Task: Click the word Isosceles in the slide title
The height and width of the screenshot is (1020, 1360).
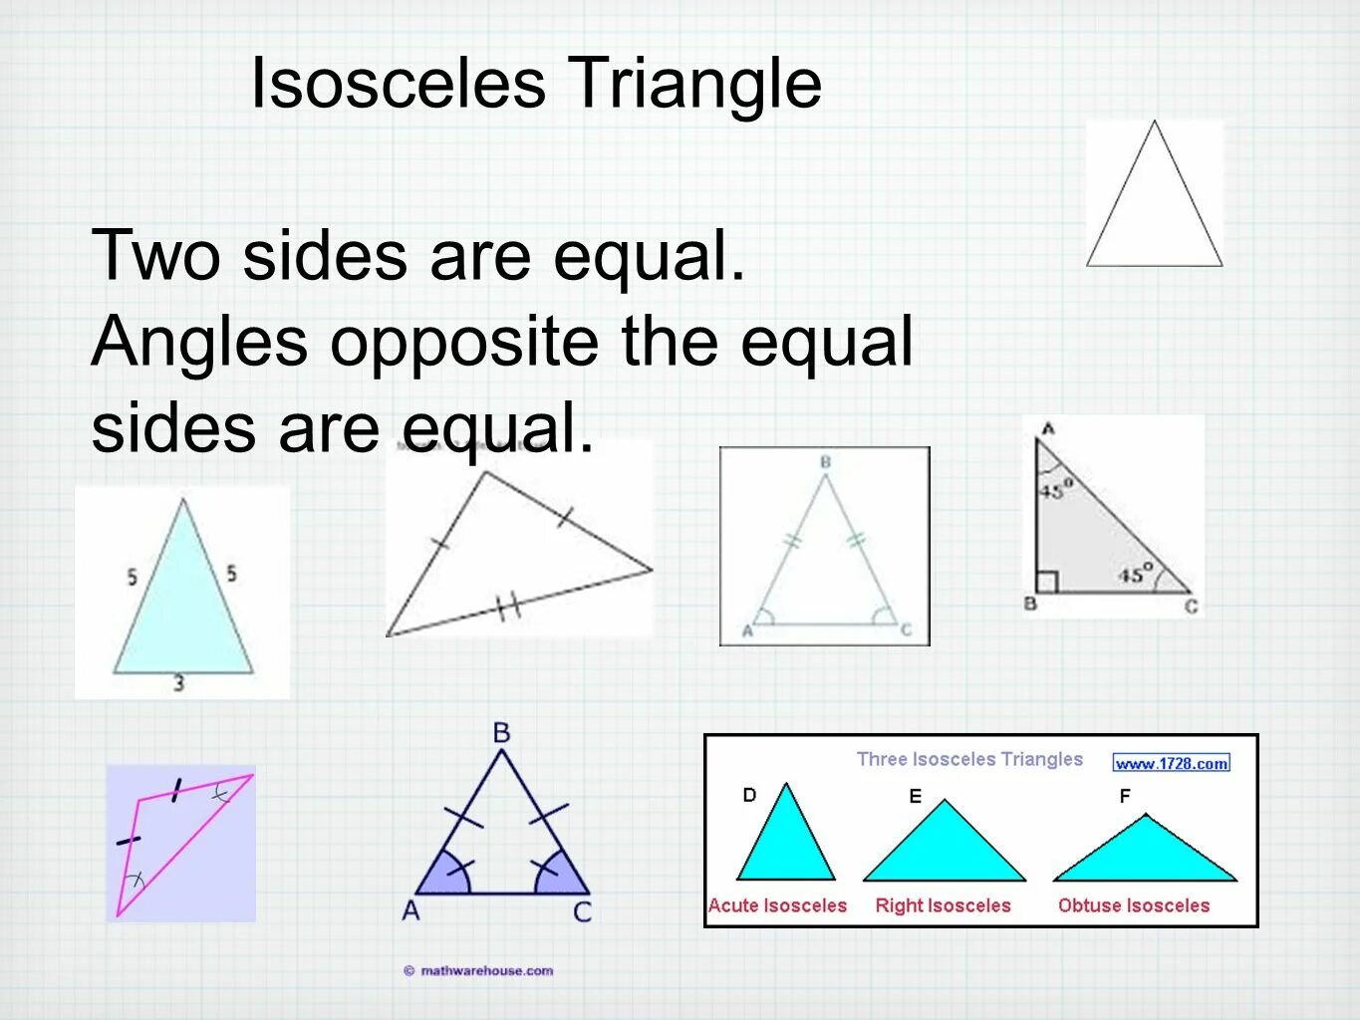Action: (x=398, y=83)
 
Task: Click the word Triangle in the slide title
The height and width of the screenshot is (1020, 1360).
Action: (x=694, y=83)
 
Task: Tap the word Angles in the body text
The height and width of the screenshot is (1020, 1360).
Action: (x=199, y=342)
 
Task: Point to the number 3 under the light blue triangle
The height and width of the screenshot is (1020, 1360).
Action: (x=179, y=683)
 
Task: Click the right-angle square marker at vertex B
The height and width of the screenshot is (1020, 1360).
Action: (x=1046, y=582)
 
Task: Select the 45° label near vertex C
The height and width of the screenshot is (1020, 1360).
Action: (x=1135, y=574)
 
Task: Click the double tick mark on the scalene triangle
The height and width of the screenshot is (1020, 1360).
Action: (x=509, y=606)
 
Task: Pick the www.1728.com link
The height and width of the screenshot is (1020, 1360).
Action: (x=1171, y=763)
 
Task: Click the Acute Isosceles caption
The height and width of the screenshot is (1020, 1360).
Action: (x=777, y=905)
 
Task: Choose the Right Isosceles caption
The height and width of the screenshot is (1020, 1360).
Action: (x=943, y=905)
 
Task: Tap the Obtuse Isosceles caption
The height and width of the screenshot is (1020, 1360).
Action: (x=1134, y=905)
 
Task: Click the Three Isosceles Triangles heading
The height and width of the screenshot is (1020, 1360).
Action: (x=969, y=759)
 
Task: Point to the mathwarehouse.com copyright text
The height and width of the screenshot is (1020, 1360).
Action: (x=479, y=970)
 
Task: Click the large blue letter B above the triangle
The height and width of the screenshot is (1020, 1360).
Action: (x=501, y=733)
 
